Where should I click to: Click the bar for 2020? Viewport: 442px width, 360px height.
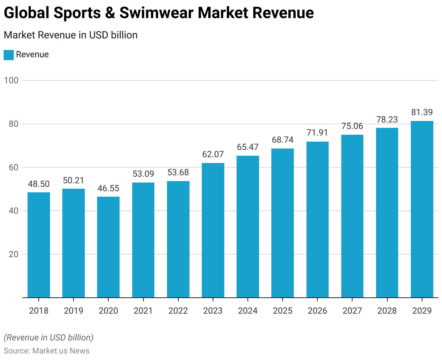point(108,247)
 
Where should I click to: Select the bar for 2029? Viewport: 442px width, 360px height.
point(422,209)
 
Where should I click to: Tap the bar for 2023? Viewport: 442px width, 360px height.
point(213,230)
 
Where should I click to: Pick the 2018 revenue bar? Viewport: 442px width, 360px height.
point(39,245)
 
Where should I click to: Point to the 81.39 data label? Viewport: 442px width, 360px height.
point(422,112)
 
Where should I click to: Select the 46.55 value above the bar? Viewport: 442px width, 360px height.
point(108,188)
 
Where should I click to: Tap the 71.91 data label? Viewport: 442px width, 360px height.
point(317,133)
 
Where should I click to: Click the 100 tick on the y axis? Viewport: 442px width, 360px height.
point(11,80)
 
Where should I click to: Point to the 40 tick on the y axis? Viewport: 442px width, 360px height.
point(13,211)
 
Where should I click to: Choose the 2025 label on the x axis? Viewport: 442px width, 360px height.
point(283,311)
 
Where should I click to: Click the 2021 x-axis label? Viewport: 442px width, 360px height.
point(143,311)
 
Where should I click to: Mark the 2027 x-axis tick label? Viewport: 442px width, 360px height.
point(352,311)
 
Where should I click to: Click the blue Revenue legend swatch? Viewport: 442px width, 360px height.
point(9,55)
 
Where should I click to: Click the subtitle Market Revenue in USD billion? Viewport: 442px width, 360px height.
point(71,35)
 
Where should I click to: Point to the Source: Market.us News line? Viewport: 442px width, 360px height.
point(46,351)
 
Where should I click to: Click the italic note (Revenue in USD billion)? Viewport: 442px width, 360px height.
point(49,338)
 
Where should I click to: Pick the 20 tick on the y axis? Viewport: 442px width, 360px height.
point(13,254)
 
